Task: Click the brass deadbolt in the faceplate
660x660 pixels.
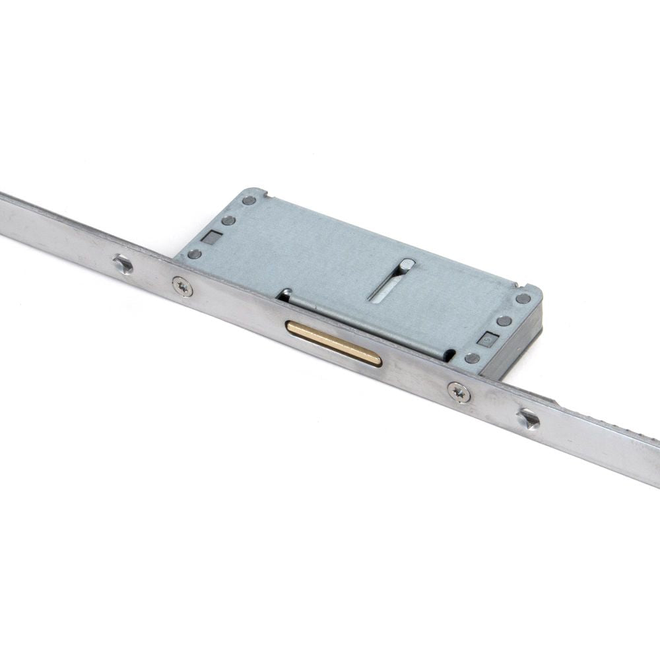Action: tap(334, 343)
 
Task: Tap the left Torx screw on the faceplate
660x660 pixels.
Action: tap(183, 286)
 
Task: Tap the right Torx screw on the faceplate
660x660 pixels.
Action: tap(459, 392)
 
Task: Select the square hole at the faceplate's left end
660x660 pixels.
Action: tap(123, 265)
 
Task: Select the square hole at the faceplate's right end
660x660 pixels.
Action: tap(528, 418)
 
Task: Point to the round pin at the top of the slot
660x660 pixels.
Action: tap(408, 265)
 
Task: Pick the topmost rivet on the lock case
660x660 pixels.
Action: tap(249, 200)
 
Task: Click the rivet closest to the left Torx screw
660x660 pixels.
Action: tap(195, 253)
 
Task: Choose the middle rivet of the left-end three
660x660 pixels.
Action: tap(228, 220)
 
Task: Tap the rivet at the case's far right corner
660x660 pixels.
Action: tap(523, 298)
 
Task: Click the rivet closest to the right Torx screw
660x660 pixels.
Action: tap(472, 358)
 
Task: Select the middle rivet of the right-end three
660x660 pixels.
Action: tap(504, 321)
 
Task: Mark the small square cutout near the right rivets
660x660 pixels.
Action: tap(487, 340)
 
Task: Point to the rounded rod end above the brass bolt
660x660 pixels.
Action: tap(285, 293)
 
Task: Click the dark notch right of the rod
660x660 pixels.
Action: tap(449, 355)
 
